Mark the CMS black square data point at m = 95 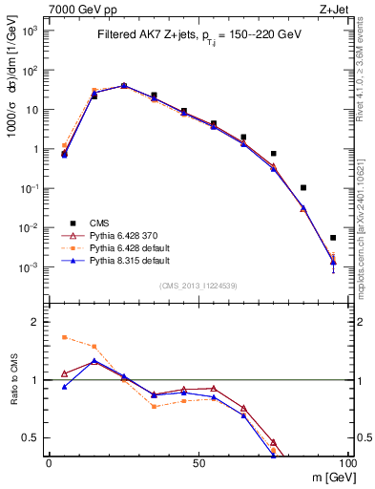333,238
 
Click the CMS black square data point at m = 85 303,188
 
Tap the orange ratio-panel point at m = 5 64,337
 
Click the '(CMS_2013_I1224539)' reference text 198,286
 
